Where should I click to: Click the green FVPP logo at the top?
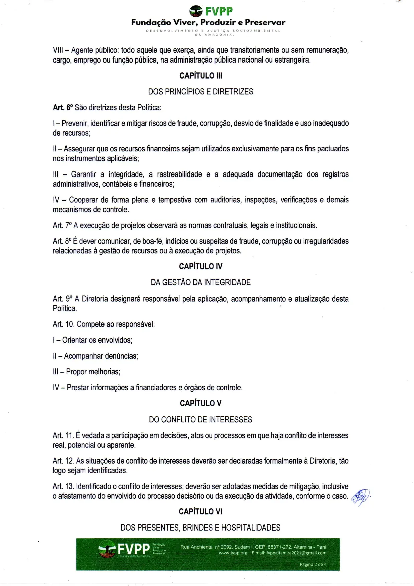(x=211, y=11)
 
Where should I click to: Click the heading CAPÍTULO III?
(x=200, y=76)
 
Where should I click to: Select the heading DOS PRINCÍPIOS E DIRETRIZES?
(x=200, y=92)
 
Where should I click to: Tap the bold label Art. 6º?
(x=63, y=108)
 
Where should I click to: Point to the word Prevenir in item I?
(x=75, y=123)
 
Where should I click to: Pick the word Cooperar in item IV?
(x=83, y=200)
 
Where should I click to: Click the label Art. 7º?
(x=62, y=226)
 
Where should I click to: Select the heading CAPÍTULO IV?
(x=200, y=266)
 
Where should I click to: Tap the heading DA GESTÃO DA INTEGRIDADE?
(x=200, y=282)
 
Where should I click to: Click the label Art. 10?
(x=63, y=324)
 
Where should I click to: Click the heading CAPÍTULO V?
(x=200, y=403)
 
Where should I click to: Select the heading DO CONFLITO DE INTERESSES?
(x=200, y=420)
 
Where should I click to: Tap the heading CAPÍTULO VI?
(x=200, y=512)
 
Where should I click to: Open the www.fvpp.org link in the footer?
(x=233, y=553)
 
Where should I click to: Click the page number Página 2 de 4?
(x=313, y=564)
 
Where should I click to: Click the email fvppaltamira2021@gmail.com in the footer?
(x=296, y=553)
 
